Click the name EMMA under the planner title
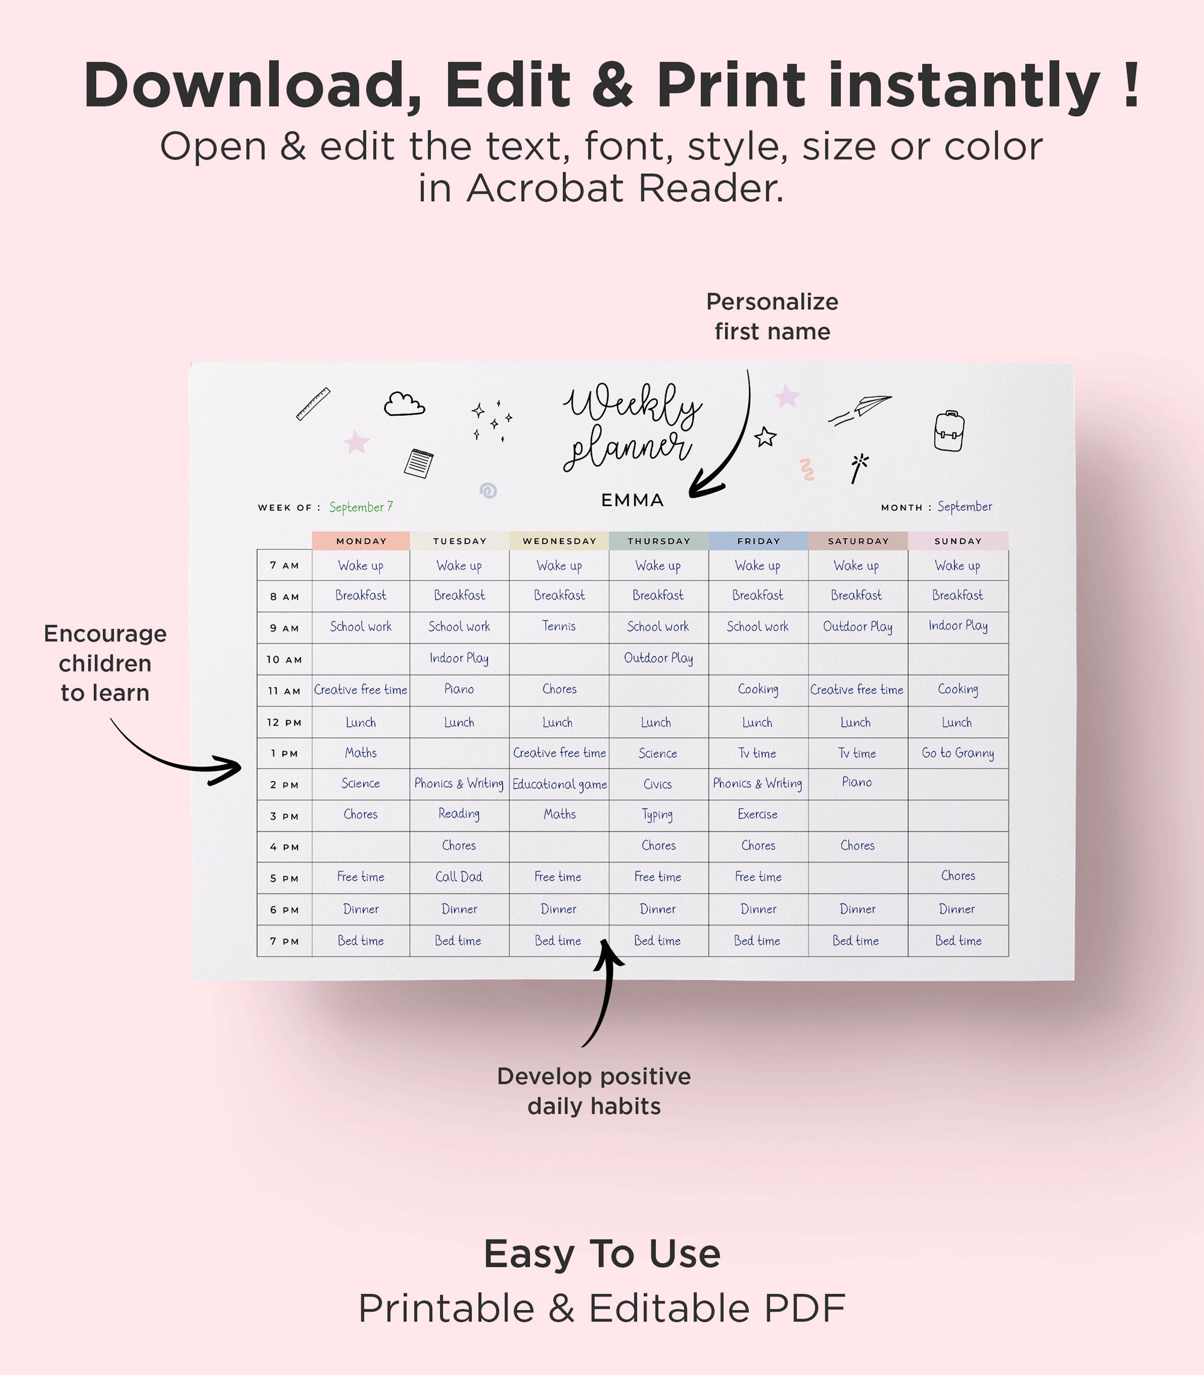tap(631, 501)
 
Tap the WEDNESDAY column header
tap(559, 541)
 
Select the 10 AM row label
tap(284, 660)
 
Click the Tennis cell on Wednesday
tap(559, 626)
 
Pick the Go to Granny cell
tap(957, 753)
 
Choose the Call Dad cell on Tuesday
tap(459, 877)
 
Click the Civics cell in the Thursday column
tap(657, 784)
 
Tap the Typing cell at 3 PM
tap(657, 815)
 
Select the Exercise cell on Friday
tap(757, 814)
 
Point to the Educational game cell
tap(559, 784)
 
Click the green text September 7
tap(361, 507)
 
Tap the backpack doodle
tap(949, 431)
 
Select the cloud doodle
tap(404, 404)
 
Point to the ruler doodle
tap(313, 404)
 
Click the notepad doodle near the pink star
tap(418, 463)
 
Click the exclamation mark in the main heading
tap(1131, 85)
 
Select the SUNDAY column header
tap(957, 541)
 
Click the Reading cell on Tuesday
tap(459, 814)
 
